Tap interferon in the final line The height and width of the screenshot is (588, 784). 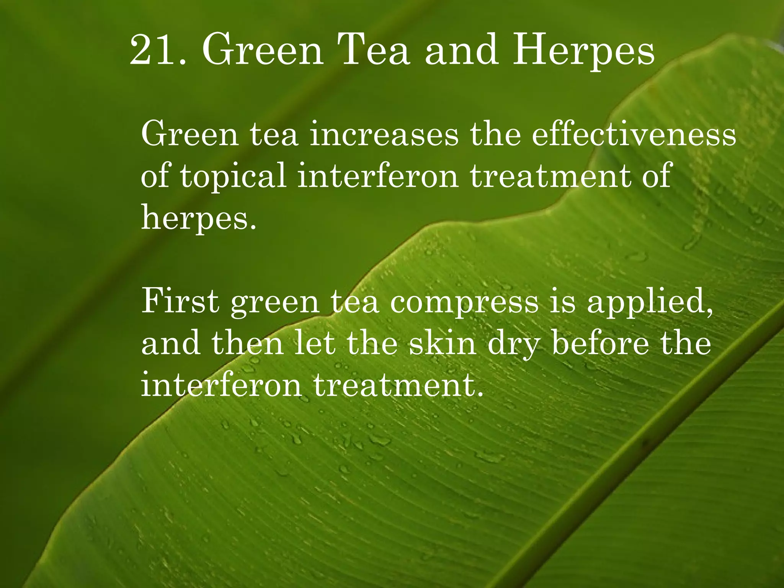point(222,384)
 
